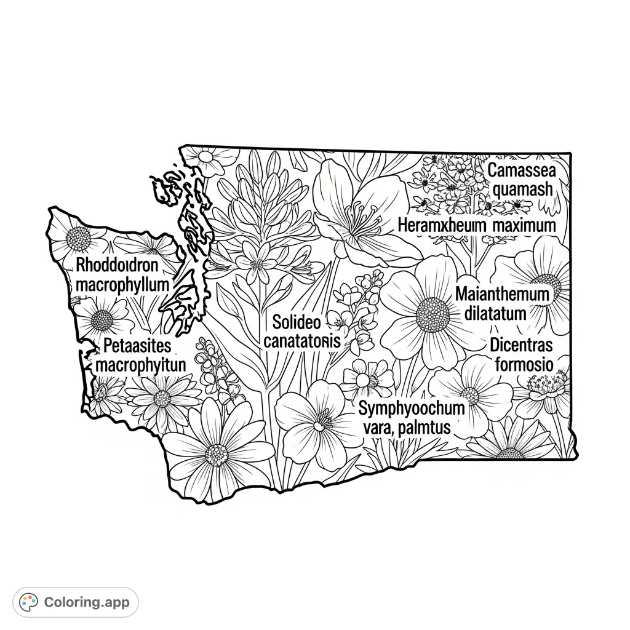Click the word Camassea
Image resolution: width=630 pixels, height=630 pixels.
tap(520, 170)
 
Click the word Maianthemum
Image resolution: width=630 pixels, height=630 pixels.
tap(502, 294)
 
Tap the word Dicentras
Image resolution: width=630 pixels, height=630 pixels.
tap(521, 345)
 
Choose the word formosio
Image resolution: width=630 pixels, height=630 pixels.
tap(524, 364)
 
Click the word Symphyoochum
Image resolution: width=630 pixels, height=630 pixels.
tap(412, 408)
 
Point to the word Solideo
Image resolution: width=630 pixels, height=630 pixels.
tap(297, 321)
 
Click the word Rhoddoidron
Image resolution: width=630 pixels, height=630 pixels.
tap(118, 266)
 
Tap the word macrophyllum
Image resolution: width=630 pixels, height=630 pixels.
tap(122, 285)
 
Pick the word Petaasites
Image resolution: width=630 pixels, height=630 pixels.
tap(138, 345)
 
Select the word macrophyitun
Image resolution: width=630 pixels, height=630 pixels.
tap(142, 365)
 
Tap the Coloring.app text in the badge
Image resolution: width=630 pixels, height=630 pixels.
tap(87, 602)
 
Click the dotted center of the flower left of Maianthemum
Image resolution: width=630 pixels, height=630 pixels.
tap(432, 314)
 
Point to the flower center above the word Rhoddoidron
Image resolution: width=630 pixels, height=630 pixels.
tap(78, 238)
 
